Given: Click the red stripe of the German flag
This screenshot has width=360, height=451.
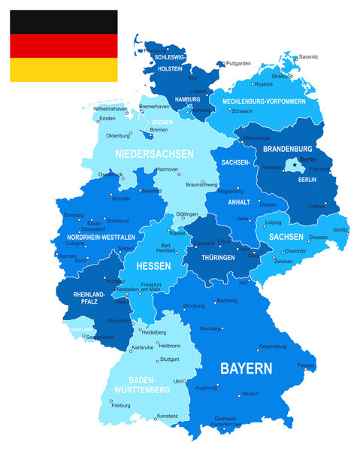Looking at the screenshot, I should pyautogui.click(x=63, y=46).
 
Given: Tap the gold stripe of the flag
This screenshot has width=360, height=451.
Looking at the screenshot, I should pyautogui.click(x=63, y=69).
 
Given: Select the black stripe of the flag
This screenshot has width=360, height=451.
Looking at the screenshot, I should pyautogui.click(x=63, y=22).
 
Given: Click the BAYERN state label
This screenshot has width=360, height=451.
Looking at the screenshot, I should pyautogui.click(x=246, y=368).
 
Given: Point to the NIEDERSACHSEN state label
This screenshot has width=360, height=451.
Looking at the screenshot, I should pyautogui.click(x=154, y=153).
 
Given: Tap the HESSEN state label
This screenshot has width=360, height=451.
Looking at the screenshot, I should pyautogui.click(x=153, y=266).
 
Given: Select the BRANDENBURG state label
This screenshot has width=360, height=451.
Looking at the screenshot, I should pyautogui.click(x=287, y=149).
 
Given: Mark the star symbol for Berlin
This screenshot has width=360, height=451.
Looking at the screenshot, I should pyautogui.click(x=294, y=165).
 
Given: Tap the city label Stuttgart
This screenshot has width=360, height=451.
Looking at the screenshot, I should pyautogui.click(x=170, y=360).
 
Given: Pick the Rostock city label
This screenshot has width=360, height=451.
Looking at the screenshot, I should pyautogui.click(x=264, y=84).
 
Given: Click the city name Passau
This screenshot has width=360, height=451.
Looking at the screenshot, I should pyautogui.click(x=306, y=365).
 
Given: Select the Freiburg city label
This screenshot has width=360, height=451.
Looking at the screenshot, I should pyautogui.click(x=121, y=405).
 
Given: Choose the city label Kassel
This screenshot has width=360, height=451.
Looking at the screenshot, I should pyautogui.click(x=177, y=234).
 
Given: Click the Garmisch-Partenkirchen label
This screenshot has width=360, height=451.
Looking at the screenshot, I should pyautogui.click(x=225, y=422).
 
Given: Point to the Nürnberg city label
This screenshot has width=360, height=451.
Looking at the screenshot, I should pyautogui.click(x=211, y=328).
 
